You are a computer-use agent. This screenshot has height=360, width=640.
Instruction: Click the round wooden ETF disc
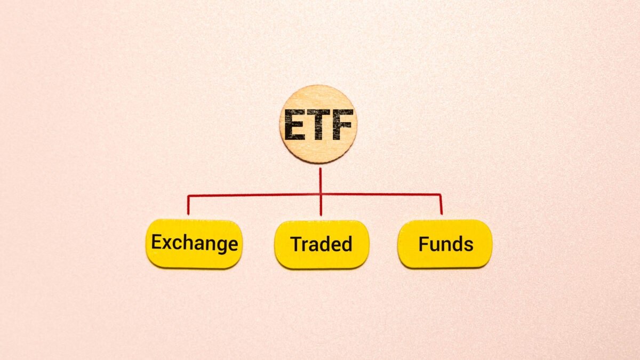coord(318,124)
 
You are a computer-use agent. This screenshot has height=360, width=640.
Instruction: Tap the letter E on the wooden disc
coord(295,125)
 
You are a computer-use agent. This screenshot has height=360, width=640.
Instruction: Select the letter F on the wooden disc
coord(342,125)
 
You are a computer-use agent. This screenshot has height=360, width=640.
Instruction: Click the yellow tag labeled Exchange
coord(194,244)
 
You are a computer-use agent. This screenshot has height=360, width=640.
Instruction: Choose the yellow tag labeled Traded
coord(322,245)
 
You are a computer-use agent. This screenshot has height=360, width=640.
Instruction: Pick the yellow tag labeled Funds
coord(445,244)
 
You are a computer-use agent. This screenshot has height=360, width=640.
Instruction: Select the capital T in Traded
coord(296,244)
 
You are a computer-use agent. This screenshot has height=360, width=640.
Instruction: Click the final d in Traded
coord(347,244)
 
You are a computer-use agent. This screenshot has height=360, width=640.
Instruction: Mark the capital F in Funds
coord(423,244)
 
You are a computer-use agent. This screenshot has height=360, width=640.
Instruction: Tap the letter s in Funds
coord(468,246)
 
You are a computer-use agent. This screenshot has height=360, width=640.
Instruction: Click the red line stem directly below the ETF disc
coord(321,181)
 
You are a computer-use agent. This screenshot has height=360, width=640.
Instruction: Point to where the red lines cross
coord(321,195)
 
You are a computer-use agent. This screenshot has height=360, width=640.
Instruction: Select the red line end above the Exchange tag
coord(188,214)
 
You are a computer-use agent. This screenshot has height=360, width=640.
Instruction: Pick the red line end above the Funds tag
coord(442,214)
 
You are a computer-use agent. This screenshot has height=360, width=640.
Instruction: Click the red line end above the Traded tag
coord(321,215)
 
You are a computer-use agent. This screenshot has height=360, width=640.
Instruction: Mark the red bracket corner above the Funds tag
coord(441,195)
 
